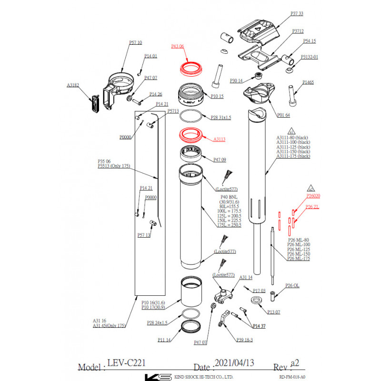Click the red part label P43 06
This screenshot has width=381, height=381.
(178, 46)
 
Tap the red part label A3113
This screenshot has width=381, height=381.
(219, 140)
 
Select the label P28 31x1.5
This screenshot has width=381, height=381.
(221, 117)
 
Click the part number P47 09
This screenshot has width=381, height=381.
(219, 160)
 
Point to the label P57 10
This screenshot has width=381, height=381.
(136, 43)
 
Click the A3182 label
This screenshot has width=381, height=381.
(73, 86)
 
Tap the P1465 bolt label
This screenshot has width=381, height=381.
(308, 82)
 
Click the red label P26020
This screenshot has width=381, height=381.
(313, 196)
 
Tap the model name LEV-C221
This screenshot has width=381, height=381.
(126, 363)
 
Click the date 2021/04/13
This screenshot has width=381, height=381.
(234, 363)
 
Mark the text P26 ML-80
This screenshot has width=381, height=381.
(299, 240)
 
